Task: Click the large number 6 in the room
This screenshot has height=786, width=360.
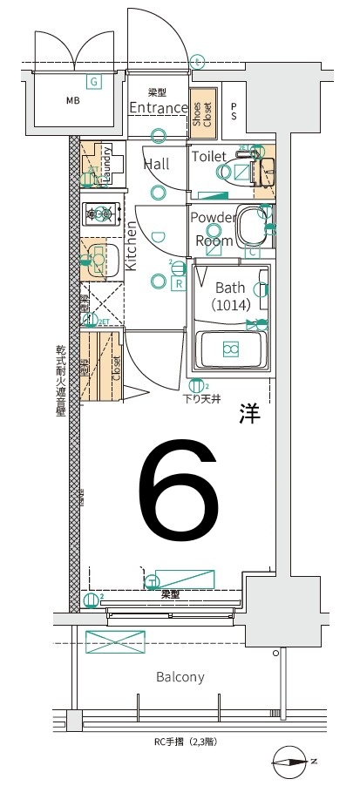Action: click(178, 491)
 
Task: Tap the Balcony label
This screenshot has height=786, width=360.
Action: click(180, 676)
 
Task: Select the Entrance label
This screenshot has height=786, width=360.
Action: click(157, 108)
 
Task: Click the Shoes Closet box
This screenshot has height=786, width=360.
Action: click(201, 113)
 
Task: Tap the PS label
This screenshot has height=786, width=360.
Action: click(234, 111)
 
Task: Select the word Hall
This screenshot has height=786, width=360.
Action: click(156, 164)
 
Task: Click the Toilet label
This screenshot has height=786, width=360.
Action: click(209, 156)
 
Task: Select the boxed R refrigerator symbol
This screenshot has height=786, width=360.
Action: click(178, 283)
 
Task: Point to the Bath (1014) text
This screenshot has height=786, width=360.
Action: click(231, 295)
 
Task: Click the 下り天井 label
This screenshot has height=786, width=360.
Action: click(200, 400)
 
